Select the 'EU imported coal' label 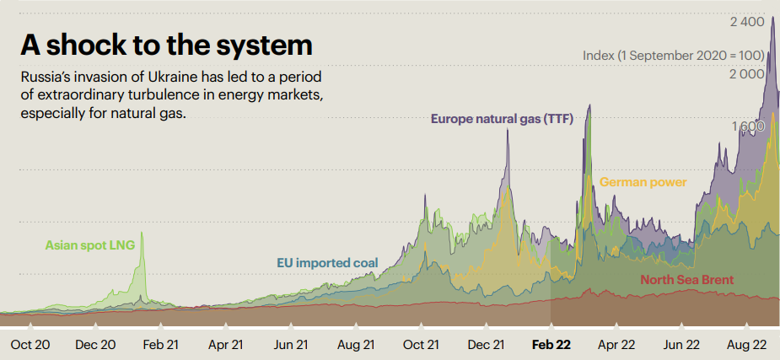point(327,262)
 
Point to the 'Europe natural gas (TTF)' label point(502,119)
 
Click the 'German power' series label point(643,182)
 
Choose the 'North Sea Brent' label point(686,280)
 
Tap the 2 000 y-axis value point(746,75)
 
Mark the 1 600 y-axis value point(748,126)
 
